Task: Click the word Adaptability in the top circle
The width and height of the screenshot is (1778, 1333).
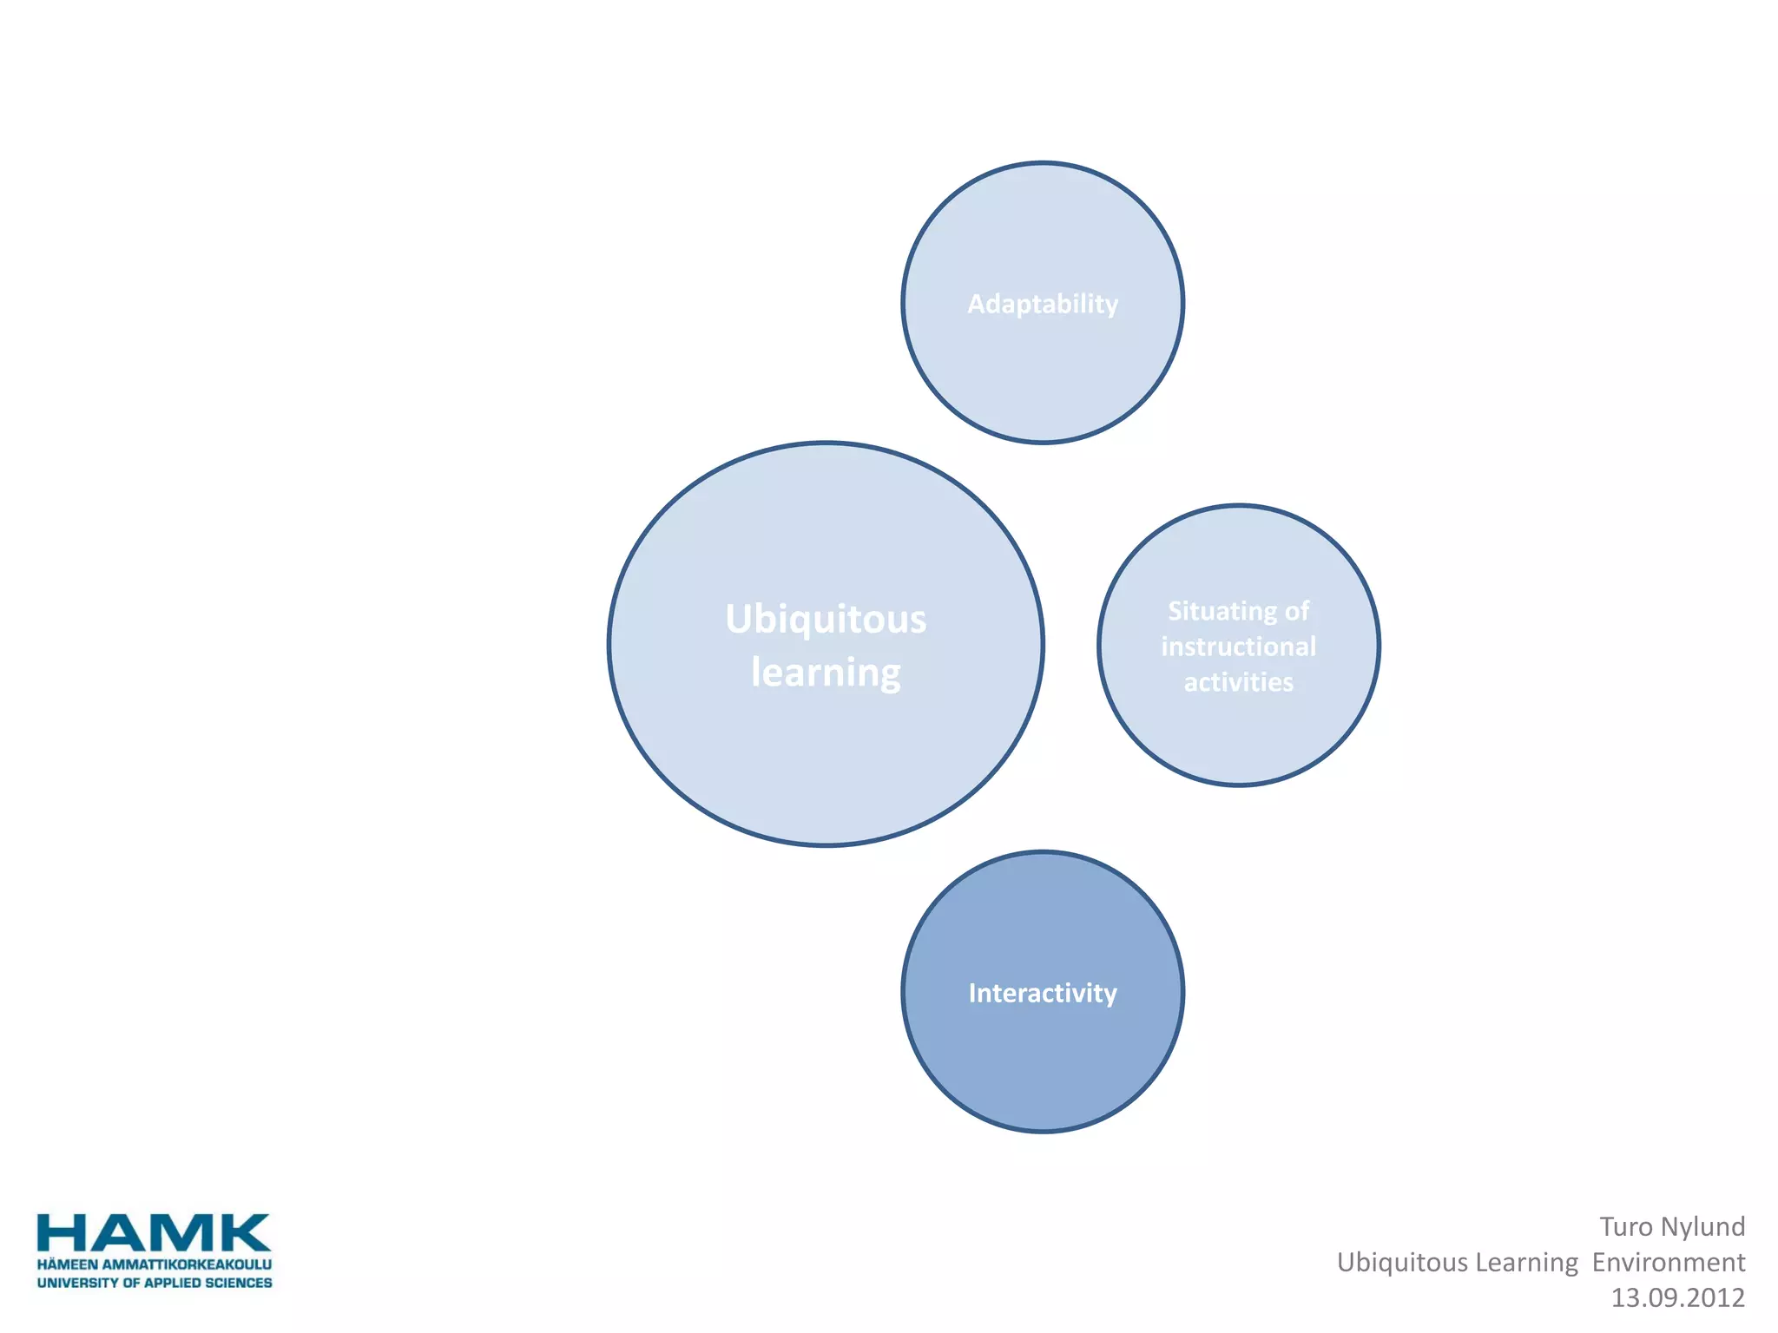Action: click(x=1043, y=304)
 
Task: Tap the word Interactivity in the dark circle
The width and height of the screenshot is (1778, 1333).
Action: click(x=1043, y=993)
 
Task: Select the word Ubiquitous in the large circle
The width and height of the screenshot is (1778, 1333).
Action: click(x=826, y=620)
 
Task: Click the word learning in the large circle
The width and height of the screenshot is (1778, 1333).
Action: click(x=826, y=673)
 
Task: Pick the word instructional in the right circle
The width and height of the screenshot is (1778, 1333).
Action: click(x=1238, y=647)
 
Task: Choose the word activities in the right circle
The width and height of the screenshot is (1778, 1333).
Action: click(x=1238, y=682)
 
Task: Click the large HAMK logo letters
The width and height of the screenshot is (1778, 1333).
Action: click(x=154, y=1233)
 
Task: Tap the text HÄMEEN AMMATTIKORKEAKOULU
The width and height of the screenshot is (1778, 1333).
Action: click(x=154, y=1264)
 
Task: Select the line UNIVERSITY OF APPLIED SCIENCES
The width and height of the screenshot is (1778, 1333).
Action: click(x=154, y=1283)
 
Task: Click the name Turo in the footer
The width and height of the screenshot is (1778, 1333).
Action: click(x=1626, y=1226)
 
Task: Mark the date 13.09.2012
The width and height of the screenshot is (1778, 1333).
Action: click(x=1677, y=1297)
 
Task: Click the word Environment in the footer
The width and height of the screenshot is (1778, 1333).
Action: click(x=1668, y=1262)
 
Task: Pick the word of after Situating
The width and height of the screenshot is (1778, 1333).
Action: click(x=1297, y=612)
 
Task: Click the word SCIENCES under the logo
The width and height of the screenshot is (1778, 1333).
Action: click(x=238, y=1283)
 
